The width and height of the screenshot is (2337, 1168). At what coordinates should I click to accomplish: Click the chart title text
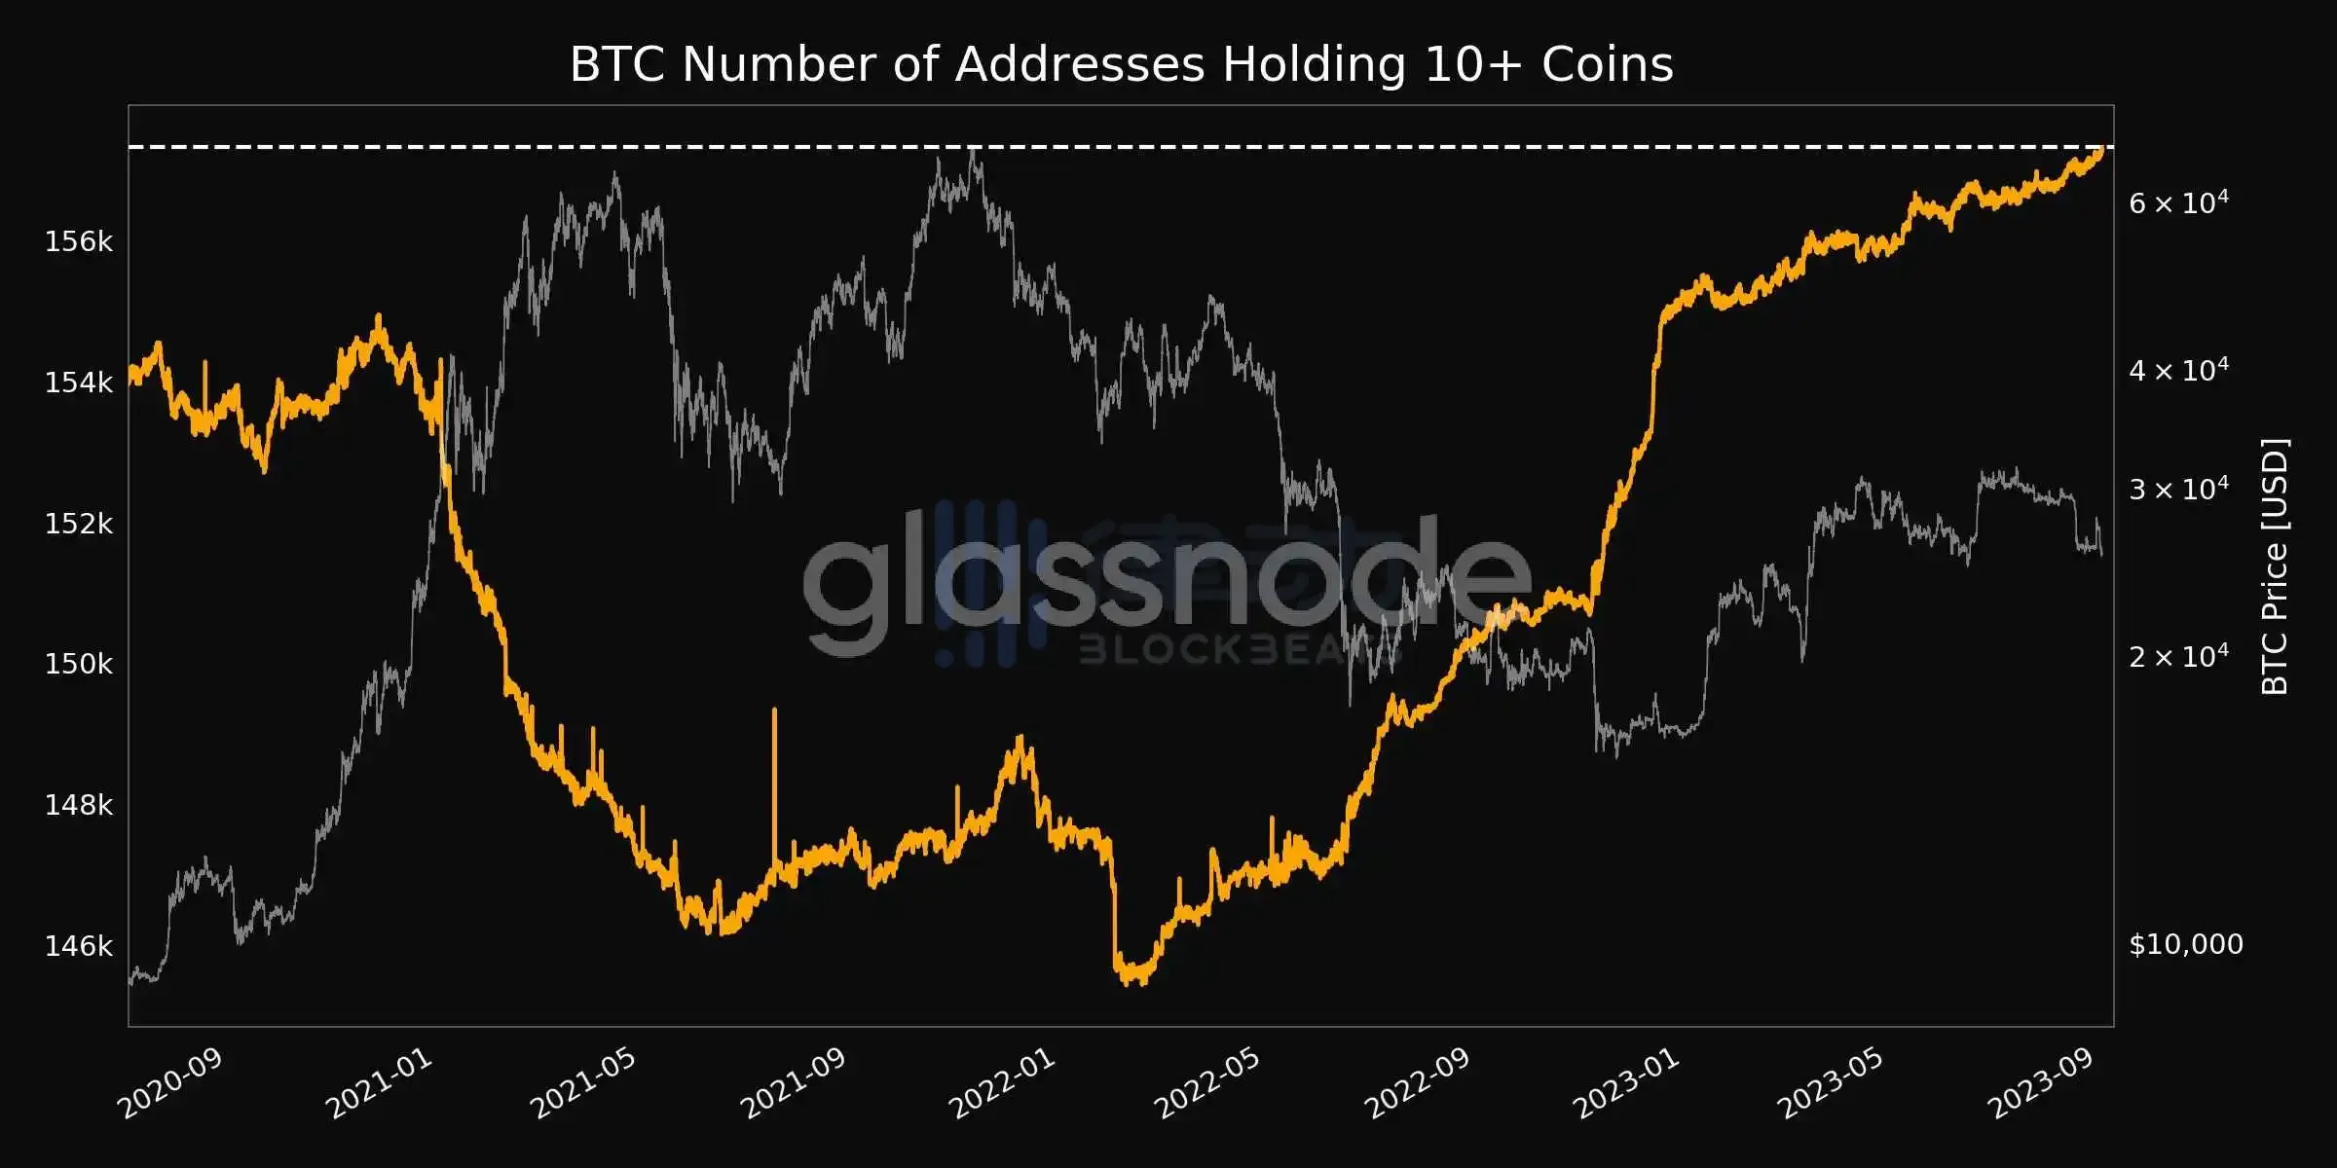[1121, 65]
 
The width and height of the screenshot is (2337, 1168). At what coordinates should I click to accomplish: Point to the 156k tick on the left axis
[79, 241]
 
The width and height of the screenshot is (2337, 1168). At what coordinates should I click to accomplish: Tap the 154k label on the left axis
[79, 383]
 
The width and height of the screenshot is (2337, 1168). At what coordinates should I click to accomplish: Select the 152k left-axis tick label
[79, 524]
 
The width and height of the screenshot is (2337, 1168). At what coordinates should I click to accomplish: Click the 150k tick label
[79, 664]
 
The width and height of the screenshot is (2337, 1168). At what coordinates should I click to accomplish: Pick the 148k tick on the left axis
[79, 805]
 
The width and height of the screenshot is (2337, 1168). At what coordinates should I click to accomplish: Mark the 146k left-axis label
[79, 945]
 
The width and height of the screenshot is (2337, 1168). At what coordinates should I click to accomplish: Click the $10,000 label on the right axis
[2185, 944]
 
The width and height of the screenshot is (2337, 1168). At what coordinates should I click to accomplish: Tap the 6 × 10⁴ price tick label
[2177, 202]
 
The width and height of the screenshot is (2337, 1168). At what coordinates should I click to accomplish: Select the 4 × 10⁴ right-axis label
[2177, 370]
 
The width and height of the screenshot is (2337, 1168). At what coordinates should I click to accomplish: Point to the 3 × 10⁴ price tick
[2177, 489]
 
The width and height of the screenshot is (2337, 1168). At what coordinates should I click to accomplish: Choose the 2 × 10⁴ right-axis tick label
[2177, 656]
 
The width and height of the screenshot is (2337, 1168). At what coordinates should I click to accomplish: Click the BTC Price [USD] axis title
[2275, 566]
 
